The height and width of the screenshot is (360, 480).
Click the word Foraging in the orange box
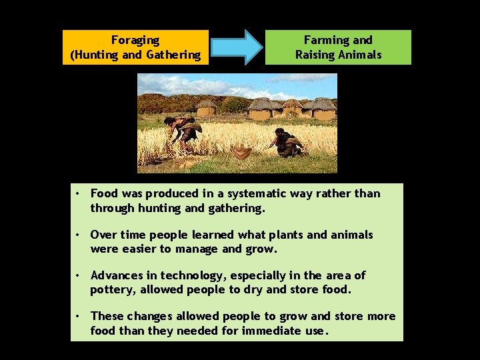coord(135,41)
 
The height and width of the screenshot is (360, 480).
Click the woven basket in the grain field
coord(242,152)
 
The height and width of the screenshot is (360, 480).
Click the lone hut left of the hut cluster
coord(207,108)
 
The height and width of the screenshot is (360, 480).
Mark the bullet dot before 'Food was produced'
coord(78,194)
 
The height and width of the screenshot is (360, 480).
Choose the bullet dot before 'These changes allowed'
coord(78,317)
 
